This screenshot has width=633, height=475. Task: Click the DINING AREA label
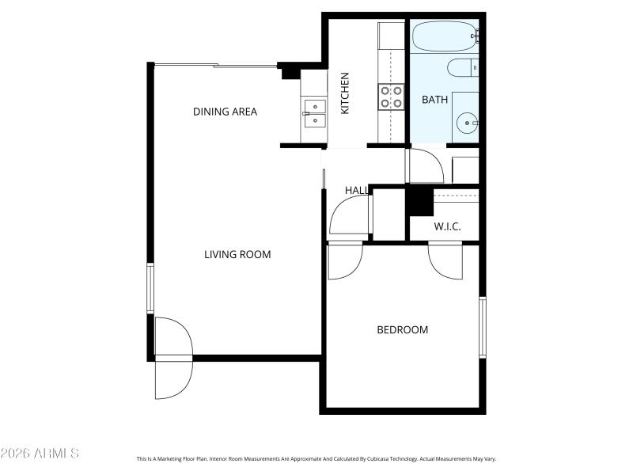pos(225,112)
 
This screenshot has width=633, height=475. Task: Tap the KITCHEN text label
pos(345,93)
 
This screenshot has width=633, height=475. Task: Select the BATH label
pos(434,100)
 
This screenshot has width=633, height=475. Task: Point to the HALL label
pos(357,191)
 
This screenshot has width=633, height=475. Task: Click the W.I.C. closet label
pos(447,227)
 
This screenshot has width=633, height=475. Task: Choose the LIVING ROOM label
pos(237,254)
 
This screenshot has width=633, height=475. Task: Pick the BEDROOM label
pos(402,329)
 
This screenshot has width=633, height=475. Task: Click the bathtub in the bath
pos(444,35)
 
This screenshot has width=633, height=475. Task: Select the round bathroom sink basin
pos(466,123)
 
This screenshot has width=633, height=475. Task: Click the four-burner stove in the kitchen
pos(391,97)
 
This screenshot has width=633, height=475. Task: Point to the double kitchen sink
pos(314,113)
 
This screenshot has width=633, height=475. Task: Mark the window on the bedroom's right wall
pos(481,326)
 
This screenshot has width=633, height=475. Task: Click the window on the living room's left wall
pos(150,288)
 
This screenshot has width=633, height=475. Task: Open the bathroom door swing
pos(425,165)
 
